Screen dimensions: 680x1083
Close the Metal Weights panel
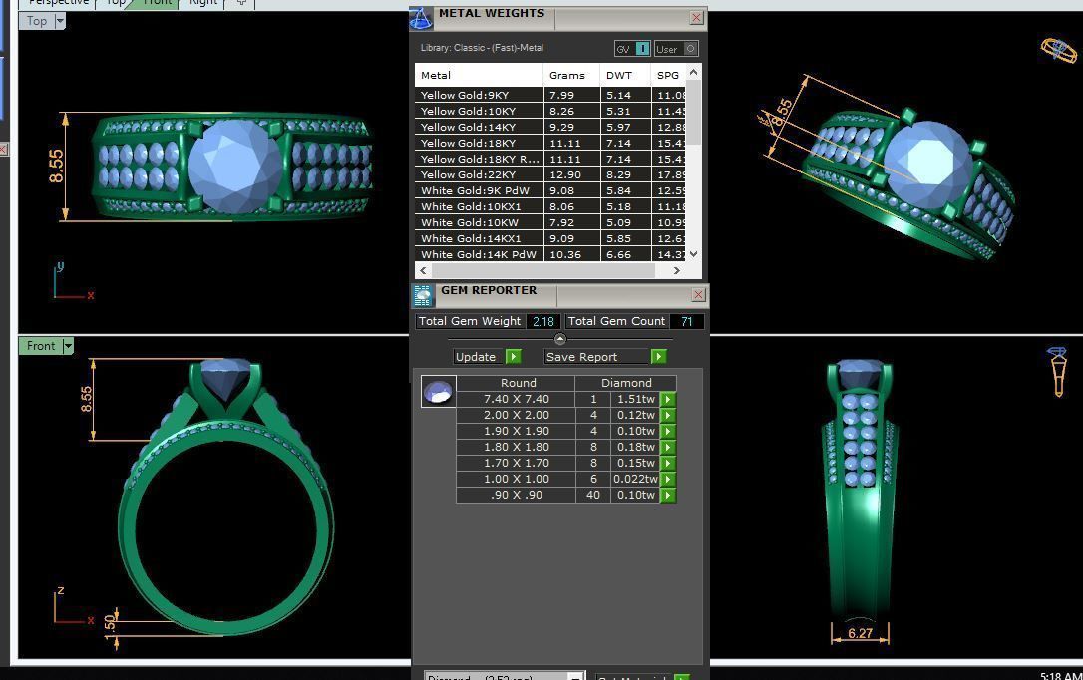pyautogui.click(x=696, y=17)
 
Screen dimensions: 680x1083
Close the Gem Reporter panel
pyautogui.click(x=698, y=294)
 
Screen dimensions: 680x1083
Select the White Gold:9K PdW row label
pyautogui.click(x=475, y=190)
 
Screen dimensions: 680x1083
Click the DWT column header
pyautogui.click(x=618, y=75)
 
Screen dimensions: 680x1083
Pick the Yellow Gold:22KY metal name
pyautogui.click(x=468, y=174)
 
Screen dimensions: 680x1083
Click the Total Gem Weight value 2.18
pyautogui.click(x=543, y=321)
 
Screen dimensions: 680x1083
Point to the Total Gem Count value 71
pyautogui.click(x=686, y=321)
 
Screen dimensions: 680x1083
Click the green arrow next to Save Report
pyautogui.click(x=658, y=357)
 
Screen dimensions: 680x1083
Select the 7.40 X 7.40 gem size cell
pyautogui.click(x=517, y=399)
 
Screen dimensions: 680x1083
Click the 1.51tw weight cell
pyautogui.click(x=635, y=399)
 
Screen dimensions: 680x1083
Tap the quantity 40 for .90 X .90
pyautogui.click(x=593, y=495)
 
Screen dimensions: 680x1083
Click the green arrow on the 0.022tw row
pyautogui.click(x=668, y=479)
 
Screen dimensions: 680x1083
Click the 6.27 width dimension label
pyautogui.click(x=860, y=632)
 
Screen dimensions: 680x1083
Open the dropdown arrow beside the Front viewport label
pyautogui.click(x=68, y=346)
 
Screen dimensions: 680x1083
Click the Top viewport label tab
pyautogui.click(x=37, y=21)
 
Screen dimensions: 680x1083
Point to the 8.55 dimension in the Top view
pyautogui.click(x=56, y=167)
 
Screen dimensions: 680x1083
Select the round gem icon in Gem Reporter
pyautogui.click(x=438, y=392)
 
